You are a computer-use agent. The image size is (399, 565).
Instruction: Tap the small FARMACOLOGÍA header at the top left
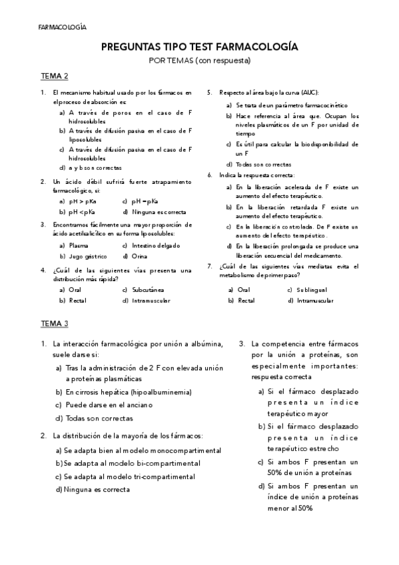(x=63, y=28)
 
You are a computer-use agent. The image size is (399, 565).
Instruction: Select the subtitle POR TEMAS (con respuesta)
(x=199, y=61)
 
